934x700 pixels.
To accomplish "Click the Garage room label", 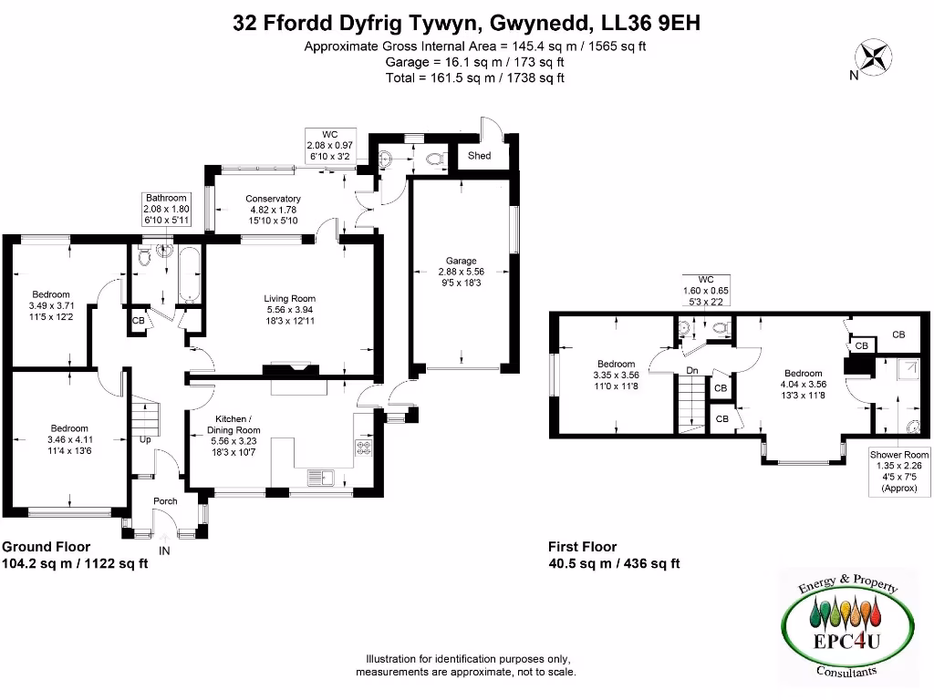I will pyautogui.click(x=461, y=261).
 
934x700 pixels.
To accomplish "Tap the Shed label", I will pyautogui.click(x=479, y=156).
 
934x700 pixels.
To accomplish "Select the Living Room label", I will pyautogui.click(x=290, y=298).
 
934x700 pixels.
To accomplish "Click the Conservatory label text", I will pyautogui.click(x=274, y=199).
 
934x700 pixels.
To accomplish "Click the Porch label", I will pyautogui.click(x=165, y=500).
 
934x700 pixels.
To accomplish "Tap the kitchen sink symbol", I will pyautogui.click(x=321, y=477).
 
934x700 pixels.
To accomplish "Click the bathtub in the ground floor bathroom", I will pyautogui.click(x=191, y=274).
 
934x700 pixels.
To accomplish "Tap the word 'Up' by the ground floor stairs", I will pyautogui.click(x=145, y=439).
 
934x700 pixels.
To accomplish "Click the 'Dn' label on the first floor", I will pyautogui.click(x=693, y=370).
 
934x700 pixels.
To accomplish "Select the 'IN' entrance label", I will pyautogui.click(x=165, y=551).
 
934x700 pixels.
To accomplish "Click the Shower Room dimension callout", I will pyautogui.click(x=898, y=471).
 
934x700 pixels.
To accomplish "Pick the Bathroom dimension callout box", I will pyautogui.click(x=165, y=210).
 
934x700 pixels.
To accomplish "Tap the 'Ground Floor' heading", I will pyautogui.click(x=46, y=547).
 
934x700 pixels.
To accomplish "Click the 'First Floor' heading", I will pyautogui.click(x=582, y=547).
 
